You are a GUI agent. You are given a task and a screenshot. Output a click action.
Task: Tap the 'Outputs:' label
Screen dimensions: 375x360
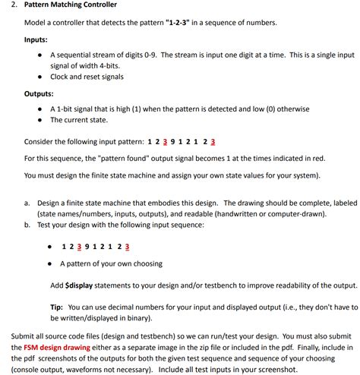pos(38,93)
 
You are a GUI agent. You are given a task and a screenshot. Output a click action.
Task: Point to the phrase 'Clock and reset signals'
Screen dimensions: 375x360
pos(87,77)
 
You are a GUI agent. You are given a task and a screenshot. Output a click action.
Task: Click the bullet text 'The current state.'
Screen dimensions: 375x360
pos(79,120)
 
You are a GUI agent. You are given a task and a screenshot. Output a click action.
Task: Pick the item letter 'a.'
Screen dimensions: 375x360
pos(27,203)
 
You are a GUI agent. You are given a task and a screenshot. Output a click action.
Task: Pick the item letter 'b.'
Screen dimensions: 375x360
pos(27,225)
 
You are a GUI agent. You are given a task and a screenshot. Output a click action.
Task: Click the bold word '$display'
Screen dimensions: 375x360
pos(81,285)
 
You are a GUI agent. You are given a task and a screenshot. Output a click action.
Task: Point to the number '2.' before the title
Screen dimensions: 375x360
pos(14,5)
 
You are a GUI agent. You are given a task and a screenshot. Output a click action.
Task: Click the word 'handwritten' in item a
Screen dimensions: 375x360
pos(235,214)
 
